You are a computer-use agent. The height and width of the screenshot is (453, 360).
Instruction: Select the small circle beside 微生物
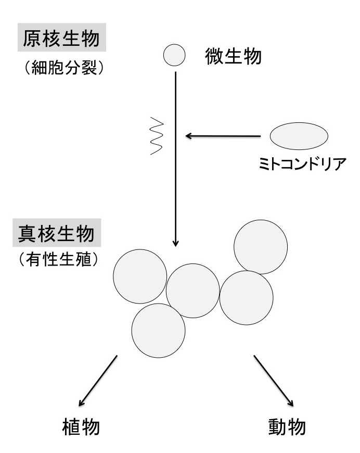click(x=174, y=55)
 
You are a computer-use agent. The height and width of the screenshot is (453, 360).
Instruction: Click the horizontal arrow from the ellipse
click(x=224, y=136)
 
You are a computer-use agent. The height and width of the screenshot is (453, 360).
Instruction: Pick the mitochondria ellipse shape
click(x=299, y=136)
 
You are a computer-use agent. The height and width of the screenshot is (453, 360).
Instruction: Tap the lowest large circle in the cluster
click(x=158, y=330)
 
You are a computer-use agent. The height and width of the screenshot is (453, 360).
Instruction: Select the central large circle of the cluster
click(x=193, y=291)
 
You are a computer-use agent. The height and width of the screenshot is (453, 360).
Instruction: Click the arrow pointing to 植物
click(x=99, y=381)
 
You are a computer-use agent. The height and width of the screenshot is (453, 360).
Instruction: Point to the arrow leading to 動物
click(x=274, y=381)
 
